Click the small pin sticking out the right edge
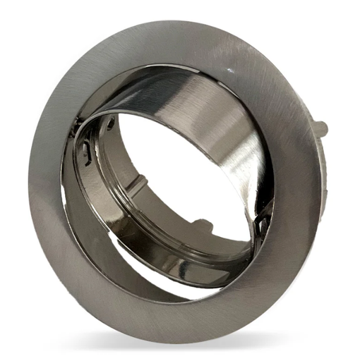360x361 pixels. [x=321, y=129]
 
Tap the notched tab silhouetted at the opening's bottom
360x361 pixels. [x=203, y=226]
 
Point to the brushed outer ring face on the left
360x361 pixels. [x=46, y=183]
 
